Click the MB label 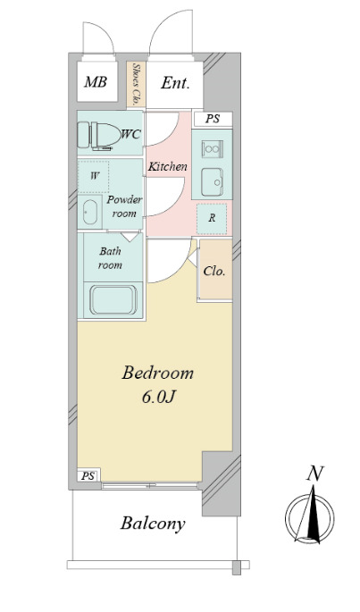point(96,82)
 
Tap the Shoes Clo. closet point(137,84)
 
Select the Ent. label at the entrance point(175,83)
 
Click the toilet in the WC point(99,135)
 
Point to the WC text point(130,134)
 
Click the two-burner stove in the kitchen point(212,149)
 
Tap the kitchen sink point(212,182)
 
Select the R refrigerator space point(212,219)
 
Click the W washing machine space point(94,176)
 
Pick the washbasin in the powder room point(90,212)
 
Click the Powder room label point(124,207)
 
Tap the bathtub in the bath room point(113,300)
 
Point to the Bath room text point(110,258)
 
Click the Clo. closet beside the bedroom point(214,271)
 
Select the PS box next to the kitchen point(213,119)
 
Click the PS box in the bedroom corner point(88,476)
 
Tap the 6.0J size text point(158,397)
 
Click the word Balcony point(153,524)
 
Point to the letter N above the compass point(315,474)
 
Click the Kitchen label point(168,167)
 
